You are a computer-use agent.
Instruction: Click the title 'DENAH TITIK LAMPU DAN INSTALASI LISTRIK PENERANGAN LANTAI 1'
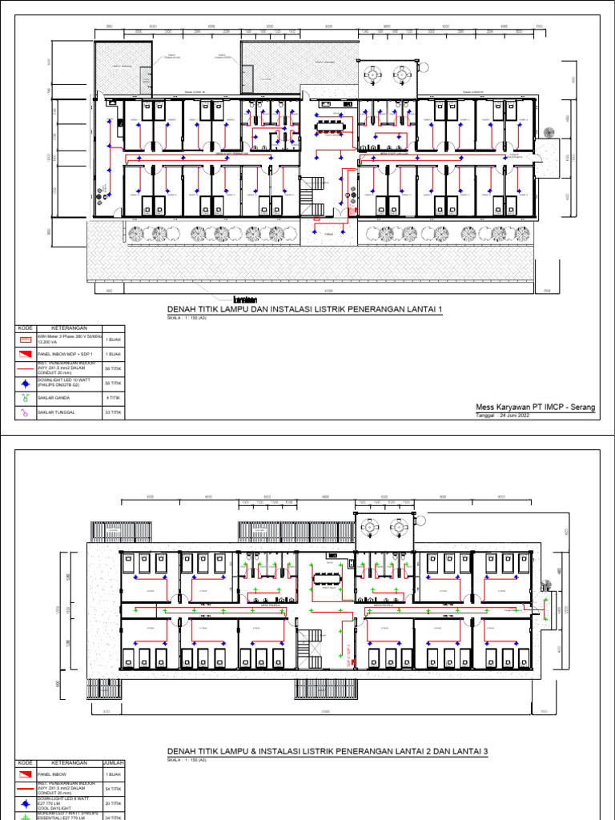pos(304,310)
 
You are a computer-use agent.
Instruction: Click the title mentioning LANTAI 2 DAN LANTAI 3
pos(327,751)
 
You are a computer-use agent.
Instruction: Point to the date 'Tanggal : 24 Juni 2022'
pos(502,415)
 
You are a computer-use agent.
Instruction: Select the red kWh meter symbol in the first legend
pos(25,340)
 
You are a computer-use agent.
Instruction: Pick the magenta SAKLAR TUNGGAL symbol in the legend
pos(25,412)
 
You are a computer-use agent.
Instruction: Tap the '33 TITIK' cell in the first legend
pos(113,412)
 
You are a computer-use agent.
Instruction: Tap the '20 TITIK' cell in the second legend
pos(113,803)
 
